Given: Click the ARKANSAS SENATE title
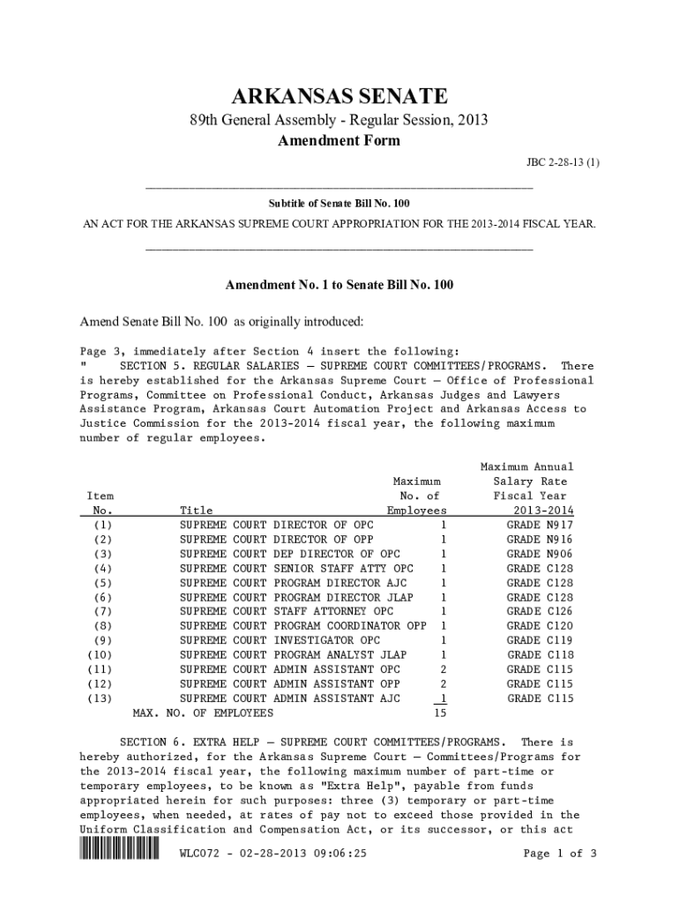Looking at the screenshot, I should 339,95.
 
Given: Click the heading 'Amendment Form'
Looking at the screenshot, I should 339,141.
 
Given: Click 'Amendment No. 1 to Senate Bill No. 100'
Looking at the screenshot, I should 339,286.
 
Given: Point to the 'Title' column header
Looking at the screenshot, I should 196,511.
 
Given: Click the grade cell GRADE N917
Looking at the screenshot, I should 540,525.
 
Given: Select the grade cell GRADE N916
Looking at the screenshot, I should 540,539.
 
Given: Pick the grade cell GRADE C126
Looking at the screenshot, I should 540,611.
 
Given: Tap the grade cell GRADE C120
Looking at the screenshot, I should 540,625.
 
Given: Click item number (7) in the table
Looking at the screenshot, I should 101,611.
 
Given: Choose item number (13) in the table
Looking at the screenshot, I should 99,698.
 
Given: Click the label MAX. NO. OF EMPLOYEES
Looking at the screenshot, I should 202,713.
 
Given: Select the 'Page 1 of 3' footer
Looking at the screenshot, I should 560,854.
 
